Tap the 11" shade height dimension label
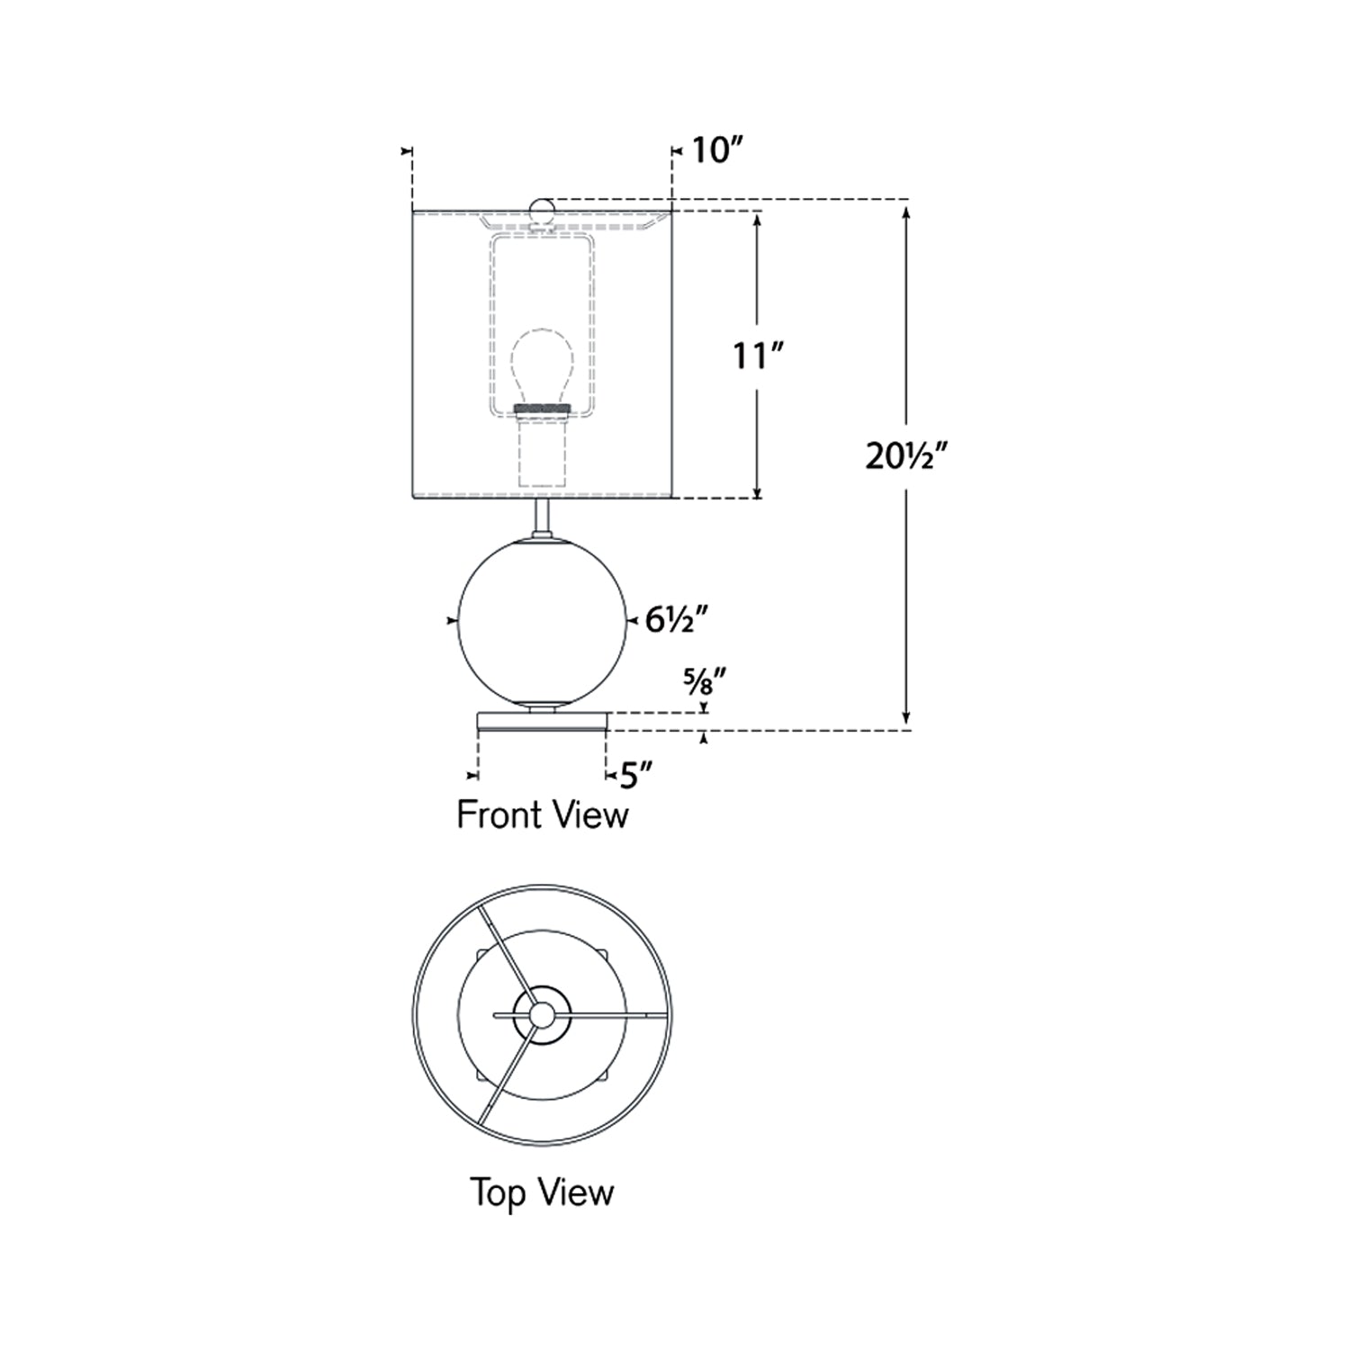[760, 356]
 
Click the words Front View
[543, 814]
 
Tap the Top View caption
[542, 1193]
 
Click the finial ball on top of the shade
[542, 211]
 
